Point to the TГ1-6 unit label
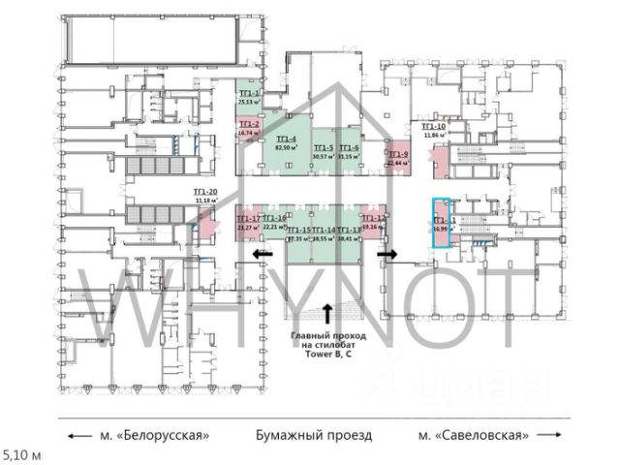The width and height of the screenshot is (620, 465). (349, 147)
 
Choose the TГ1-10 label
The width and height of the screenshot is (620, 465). (433, 127)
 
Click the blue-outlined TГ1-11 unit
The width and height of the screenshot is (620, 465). (442, 225)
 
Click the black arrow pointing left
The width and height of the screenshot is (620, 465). (259, 255)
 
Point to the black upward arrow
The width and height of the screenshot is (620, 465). (327, 312)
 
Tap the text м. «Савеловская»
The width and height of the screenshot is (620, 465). (474, 435)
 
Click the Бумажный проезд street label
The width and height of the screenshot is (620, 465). (313, 435)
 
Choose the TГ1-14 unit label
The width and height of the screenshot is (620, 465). (324, 229)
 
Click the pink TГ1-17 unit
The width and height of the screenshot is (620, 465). (248, 225)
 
